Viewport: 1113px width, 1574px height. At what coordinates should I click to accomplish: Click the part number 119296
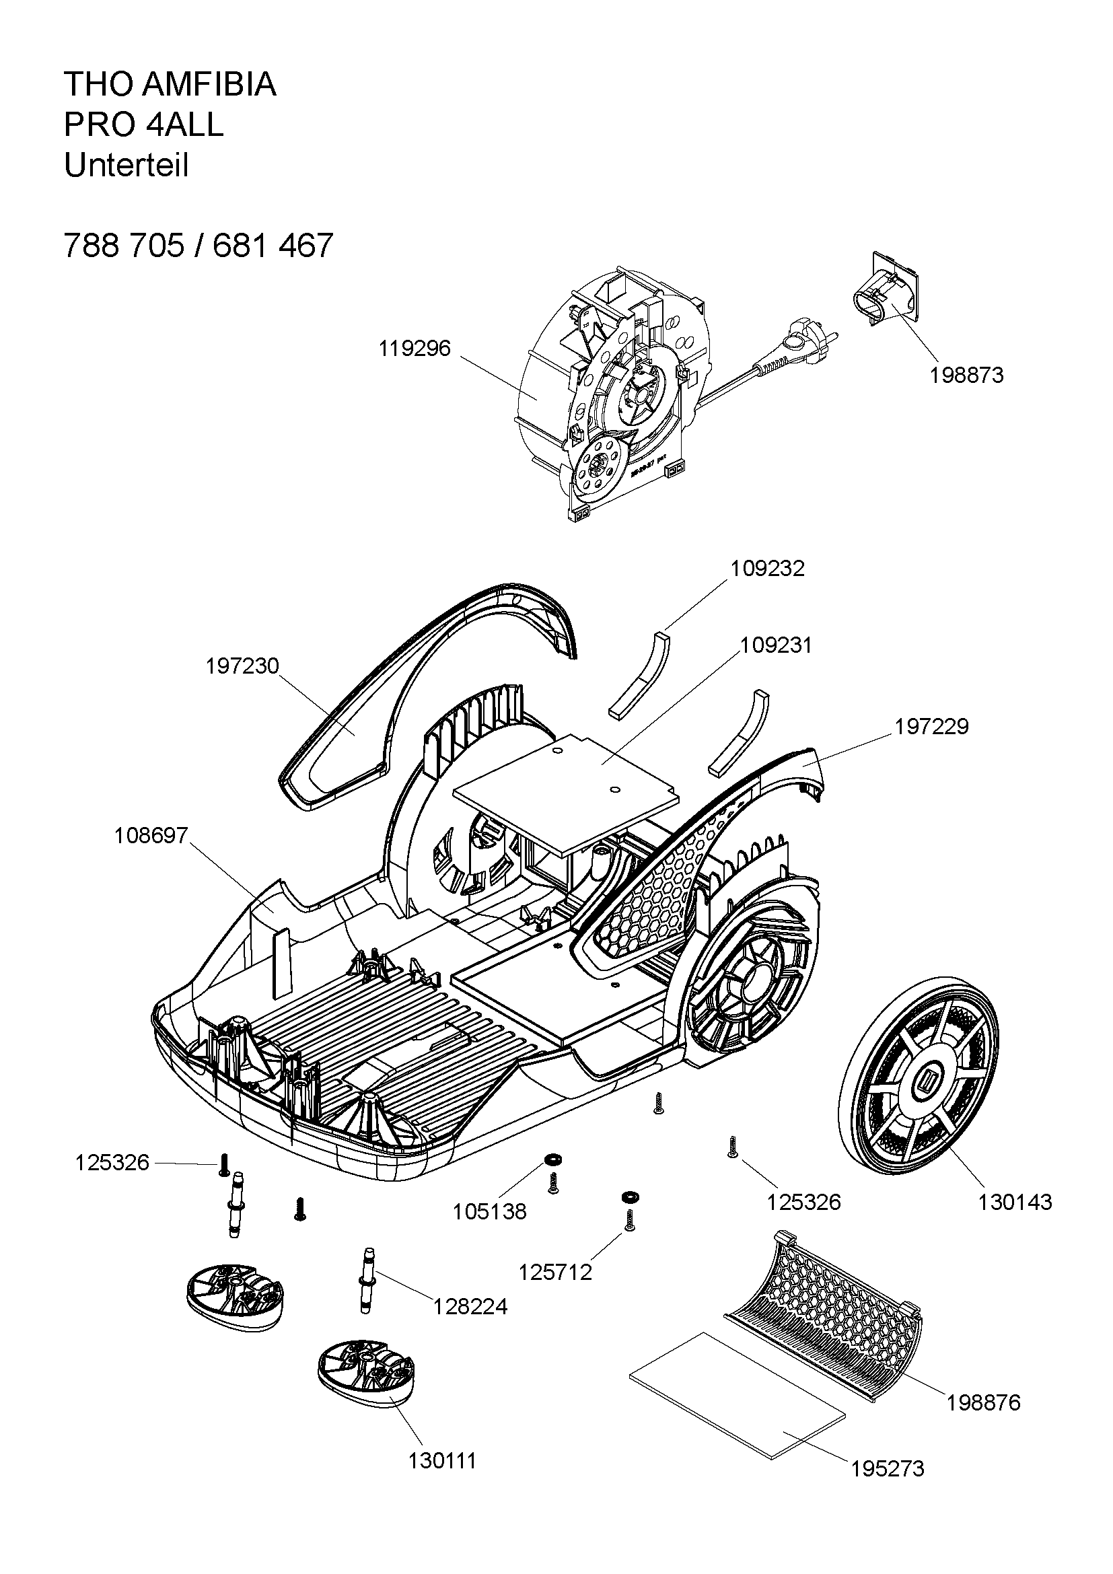(415, 349)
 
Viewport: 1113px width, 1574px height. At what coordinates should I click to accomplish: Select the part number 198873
(966, 375)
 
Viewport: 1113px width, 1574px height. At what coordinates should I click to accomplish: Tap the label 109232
(768, 569)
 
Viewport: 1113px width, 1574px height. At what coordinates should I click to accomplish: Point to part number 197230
(243, 666)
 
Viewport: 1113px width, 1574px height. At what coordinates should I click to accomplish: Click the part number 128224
(470, 1307)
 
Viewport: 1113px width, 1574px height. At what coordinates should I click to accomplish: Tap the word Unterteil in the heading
(126, 166)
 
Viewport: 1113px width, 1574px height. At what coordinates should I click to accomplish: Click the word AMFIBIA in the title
(210, 84)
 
